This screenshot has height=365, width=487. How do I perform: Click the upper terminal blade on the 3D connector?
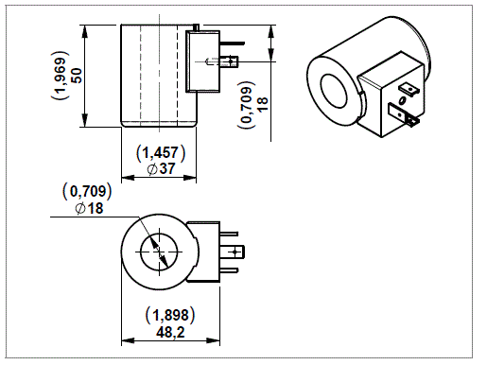click(x=408, y=92)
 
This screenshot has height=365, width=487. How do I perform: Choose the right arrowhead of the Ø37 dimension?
click(x=195, y=176)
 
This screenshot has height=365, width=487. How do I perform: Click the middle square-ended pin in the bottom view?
click(x=236, y=252)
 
